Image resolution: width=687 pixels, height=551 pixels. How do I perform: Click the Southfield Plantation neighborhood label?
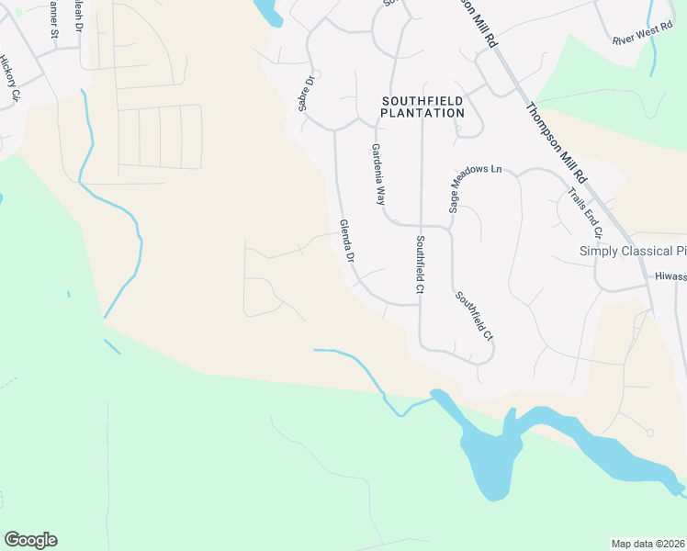click(x=422, y=106)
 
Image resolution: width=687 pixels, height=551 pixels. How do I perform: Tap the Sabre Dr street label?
click(x=306, y=94)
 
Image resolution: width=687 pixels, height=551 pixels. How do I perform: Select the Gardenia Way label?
click(x=378, y=174)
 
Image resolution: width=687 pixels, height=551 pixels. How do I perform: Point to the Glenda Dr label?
click(x=347, y=241)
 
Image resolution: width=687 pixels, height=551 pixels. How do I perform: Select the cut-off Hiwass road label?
click(x=670, y=275)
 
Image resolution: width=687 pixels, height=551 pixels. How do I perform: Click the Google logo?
click(x=30, y=540)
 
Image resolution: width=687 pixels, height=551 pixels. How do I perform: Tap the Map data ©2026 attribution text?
click(x=647, y=544)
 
